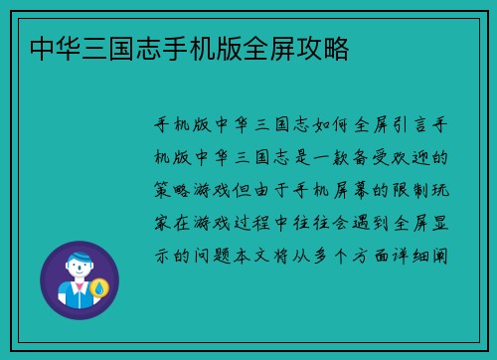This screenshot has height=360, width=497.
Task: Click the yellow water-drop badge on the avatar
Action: point(99,288)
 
